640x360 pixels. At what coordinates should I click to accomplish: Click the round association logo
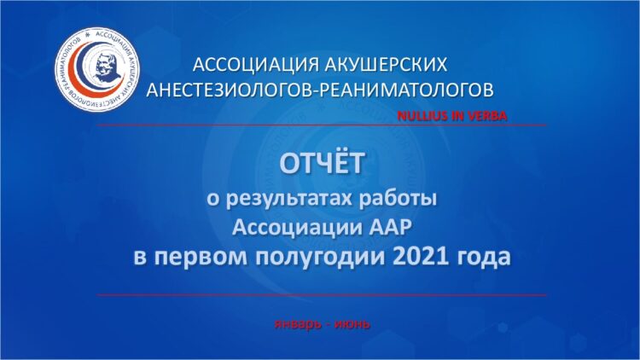point(97,69)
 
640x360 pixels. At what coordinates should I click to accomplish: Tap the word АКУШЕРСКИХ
point(386,65)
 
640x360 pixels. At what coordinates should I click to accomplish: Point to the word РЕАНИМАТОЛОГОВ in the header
point(405,90)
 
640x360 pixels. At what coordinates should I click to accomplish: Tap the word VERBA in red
point(487,116)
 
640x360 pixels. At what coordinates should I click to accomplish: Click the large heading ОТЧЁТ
point(322,163)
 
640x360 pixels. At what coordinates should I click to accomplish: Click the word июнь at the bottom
point(352,324)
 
